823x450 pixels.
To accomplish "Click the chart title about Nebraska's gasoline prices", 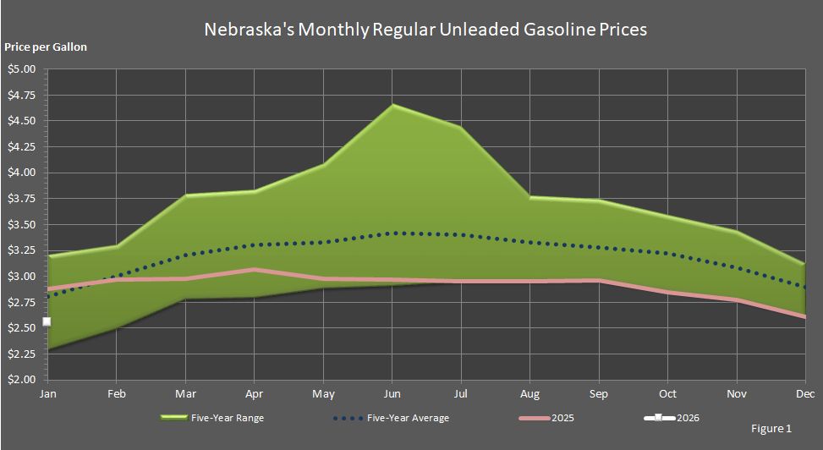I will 425,30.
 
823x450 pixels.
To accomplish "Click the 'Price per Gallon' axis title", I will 46,47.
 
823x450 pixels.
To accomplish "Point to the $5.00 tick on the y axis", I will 23,69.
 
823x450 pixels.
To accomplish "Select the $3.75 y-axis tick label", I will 23,199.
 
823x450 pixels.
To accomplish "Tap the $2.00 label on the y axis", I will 23,380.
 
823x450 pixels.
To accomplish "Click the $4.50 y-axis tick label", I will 23,121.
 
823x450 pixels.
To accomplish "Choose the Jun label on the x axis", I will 392,393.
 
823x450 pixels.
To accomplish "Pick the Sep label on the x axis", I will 599,393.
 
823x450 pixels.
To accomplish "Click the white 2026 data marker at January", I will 47,321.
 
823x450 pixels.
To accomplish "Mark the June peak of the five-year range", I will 392,105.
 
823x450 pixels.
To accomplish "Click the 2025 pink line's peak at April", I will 254,270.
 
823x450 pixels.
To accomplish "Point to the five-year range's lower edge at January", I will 48,348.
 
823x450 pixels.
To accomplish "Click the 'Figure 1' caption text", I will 771,429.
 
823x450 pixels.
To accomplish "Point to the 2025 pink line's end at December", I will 804,316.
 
